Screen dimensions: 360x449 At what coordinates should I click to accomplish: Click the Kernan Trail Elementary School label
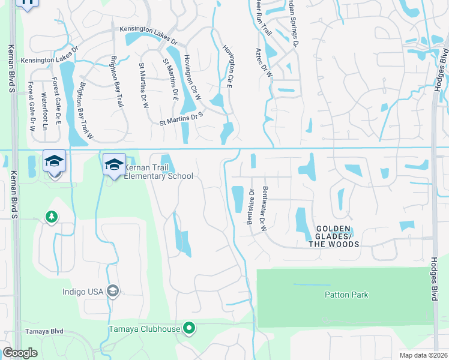[159, 172]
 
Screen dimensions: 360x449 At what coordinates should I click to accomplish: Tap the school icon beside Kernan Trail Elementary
[114, 164]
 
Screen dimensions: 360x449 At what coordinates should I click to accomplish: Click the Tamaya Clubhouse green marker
[190, 328]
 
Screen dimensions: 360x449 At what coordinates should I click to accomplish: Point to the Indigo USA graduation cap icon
[112, 292]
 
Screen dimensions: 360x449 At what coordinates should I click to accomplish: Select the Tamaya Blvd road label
[44, 331]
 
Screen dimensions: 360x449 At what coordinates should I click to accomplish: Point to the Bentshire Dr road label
[252, 207]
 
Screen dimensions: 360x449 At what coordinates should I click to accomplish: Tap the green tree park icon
[52, 216]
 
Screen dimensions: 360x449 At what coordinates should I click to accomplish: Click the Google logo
[20, 353]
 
